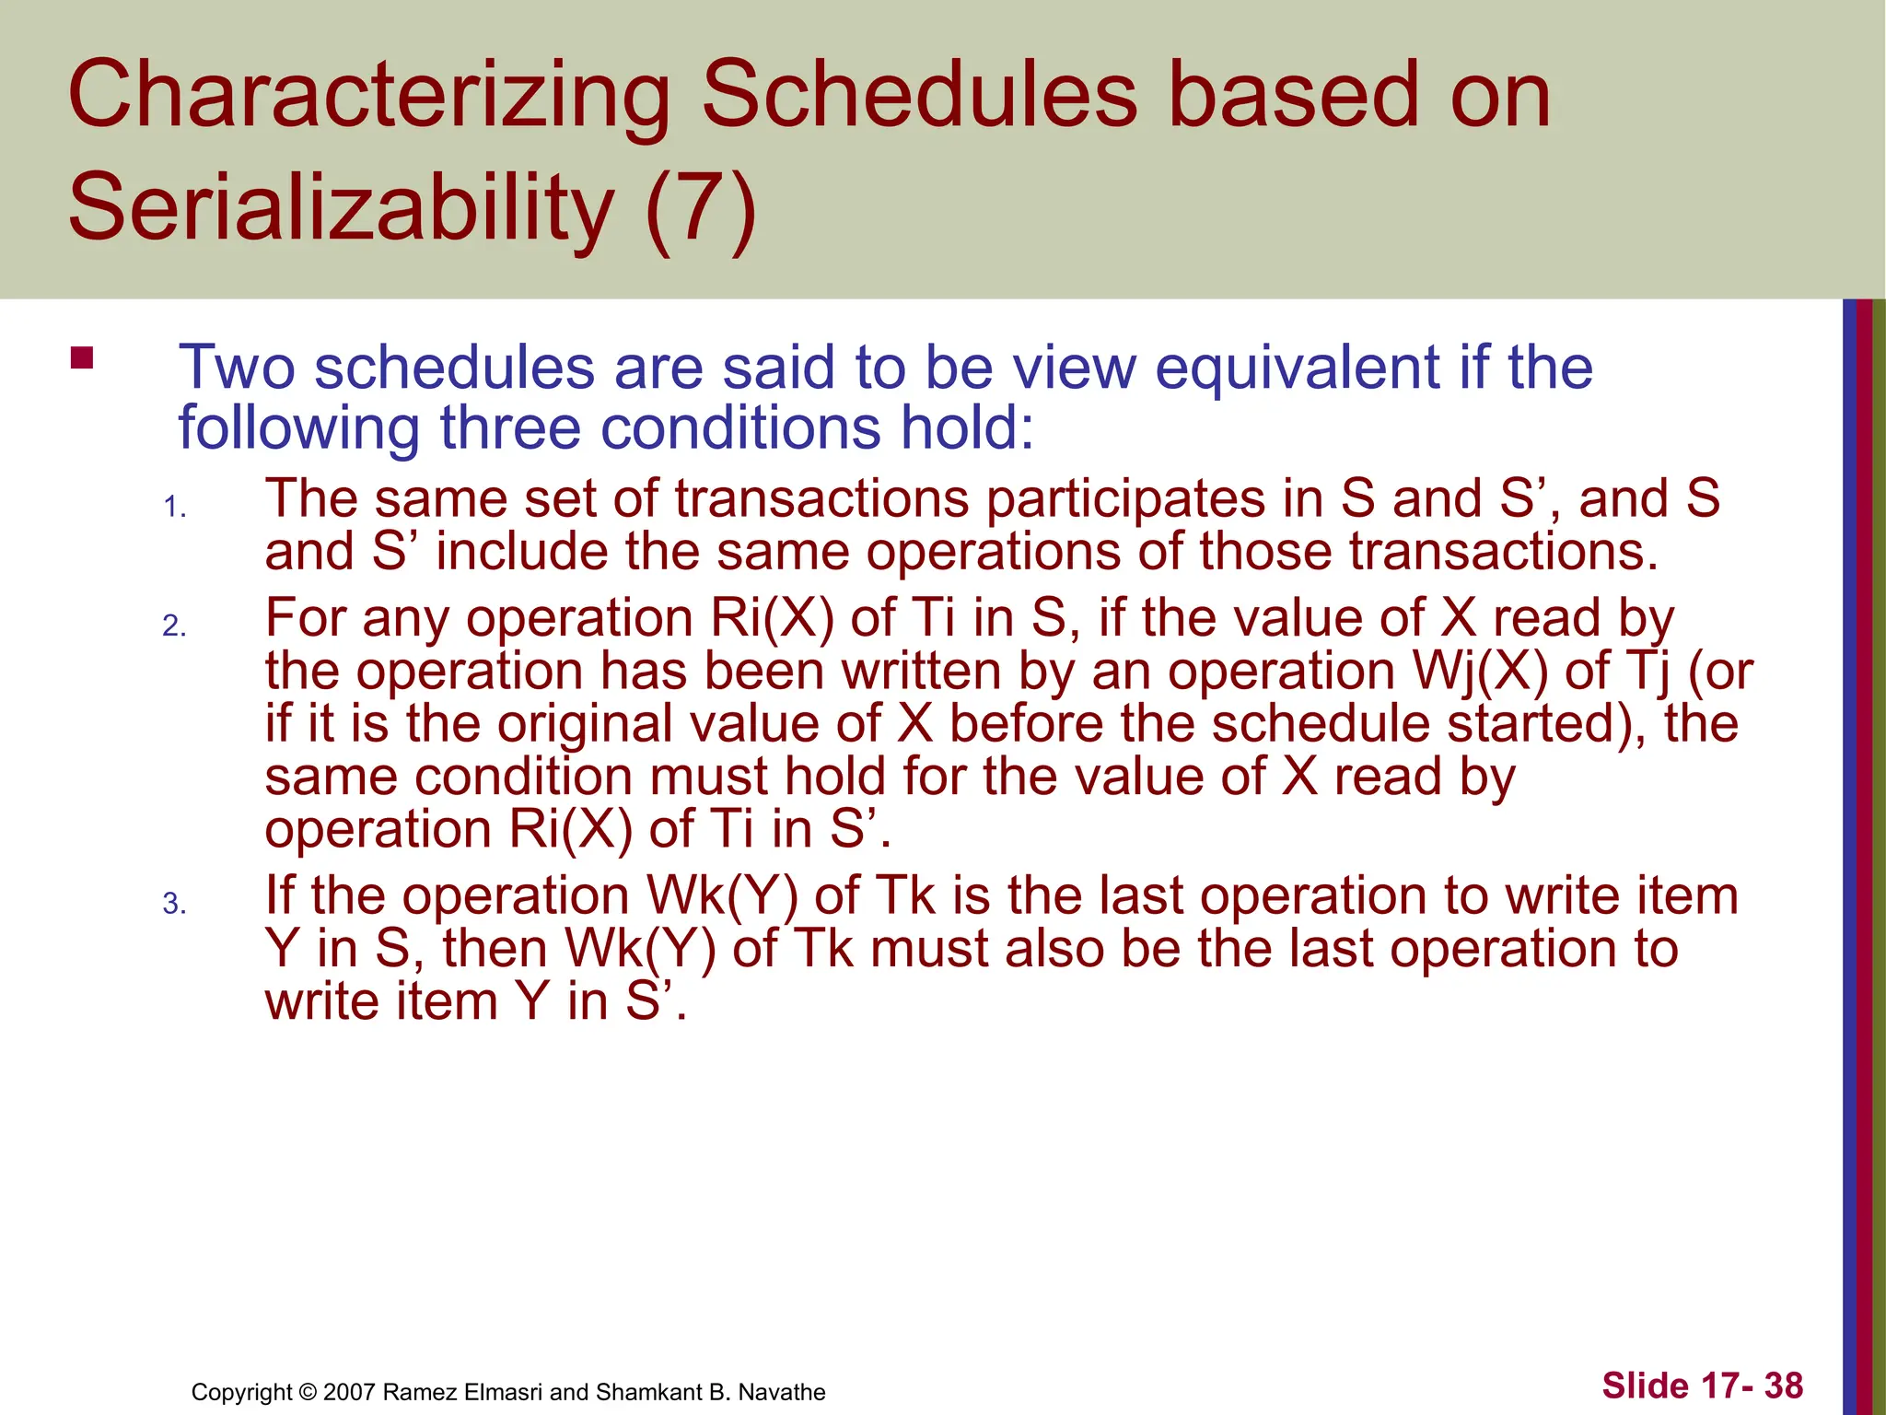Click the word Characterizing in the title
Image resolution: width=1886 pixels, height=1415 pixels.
click(x=368, y=96)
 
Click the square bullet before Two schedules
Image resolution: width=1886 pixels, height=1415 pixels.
click(x=82, y=357)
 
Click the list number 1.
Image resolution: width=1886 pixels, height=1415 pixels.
click(x=174, y=508)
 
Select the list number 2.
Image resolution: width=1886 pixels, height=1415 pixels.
click(x=174, y=627)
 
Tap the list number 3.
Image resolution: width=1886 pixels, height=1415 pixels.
click(x=174, y=905)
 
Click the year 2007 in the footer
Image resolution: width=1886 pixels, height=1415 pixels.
click(x=349, y=1393)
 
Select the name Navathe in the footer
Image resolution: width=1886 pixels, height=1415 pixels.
click(x=779, y=1393)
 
